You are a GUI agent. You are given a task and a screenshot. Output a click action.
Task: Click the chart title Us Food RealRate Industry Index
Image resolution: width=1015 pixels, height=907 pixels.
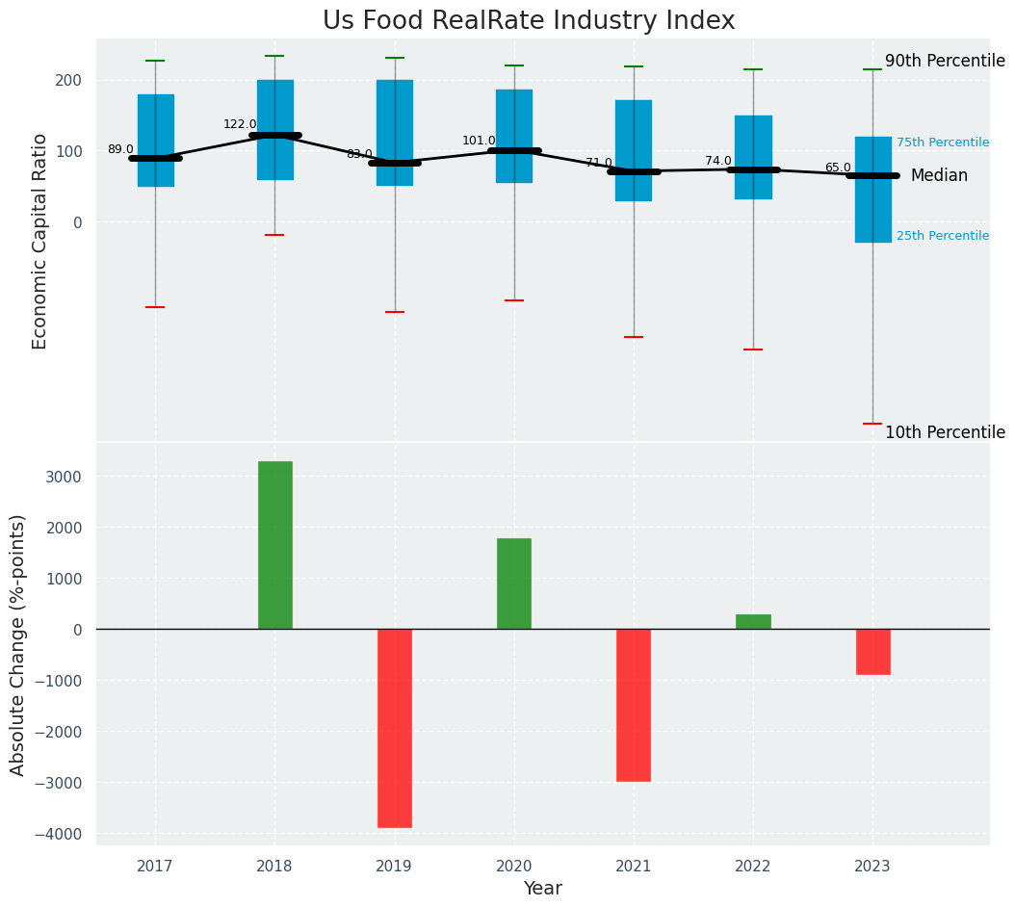[x=529, y=21]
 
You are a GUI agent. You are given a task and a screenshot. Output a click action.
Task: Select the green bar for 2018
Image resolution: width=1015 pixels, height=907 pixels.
[x=274, y=545]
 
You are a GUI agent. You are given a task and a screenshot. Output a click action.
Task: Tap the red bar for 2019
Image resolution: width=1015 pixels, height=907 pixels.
[x=394, y=728]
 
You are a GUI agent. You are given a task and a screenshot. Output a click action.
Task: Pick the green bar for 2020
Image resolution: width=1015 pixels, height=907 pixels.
[x=513, y=583]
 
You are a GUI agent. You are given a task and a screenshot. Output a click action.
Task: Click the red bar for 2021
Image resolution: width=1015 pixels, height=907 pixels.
[x=633, y=705]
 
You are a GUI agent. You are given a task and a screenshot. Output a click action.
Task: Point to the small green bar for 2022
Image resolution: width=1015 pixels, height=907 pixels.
[x=753, y=622]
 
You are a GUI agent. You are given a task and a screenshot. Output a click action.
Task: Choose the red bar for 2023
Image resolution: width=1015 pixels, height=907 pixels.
[x=872, y=652]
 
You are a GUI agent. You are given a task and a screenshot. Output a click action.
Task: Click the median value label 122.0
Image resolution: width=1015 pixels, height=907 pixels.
[x=240, y=124]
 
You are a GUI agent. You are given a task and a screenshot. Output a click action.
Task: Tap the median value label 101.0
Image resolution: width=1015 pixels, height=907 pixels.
[x=479, y=141]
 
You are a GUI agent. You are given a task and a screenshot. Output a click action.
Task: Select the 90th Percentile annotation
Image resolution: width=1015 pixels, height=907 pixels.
[x=945, y=62]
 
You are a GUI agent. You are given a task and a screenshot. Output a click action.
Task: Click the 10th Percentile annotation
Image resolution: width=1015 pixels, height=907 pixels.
[x=945, y=433]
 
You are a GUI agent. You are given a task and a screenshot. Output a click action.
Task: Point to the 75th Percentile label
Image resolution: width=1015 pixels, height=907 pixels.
[x=942, y=143]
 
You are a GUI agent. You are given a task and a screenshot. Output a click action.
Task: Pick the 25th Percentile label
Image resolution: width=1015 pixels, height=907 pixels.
[x=942, y=236]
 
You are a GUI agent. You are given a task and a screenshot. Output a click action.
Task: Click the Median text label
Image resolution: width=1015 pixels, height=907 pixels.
[x=939, y=176]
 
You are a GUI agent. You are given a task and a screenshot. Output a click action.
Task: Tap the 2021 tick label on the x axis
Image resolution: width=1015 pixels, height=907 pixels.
[x=633, y=867]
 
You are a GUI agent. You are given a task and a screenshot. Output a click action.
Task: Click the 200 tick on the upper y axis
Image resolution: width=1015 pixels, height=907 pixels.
[x=67, y=80]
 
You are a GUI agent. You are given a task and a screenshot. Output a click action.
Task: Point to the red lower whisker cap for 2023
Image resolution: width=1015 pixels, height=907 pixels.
[x=872, y=424]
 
